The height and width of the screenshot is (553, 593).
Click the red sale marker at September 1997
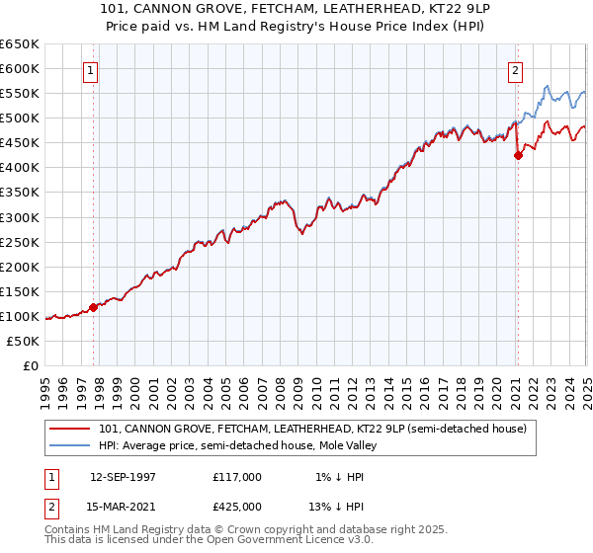pyautogui.click(x=93, y=307)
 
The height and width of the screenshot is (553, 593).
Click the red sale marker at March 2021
pyautogui.click(x=518, y=155)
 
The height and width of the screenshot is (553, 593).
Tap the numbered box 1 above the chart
pyautogui.click(x=91, y=70)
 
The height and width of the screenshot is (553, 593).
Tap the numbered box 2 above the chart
pyautogui.click(x=516, y=70)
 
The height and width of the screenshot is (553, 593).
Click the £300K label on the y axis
pyautogui.click(x=20, y=217)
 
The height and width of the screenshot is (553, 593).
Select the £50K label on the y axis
pyautogui.click(x=24, y=341)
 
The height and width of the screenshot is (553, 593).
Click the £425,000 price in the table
pyautogui.click(x=236, y=506)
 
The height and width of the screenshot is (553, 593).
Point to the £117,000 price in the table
pyautogui.click(x=236, y=477)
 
